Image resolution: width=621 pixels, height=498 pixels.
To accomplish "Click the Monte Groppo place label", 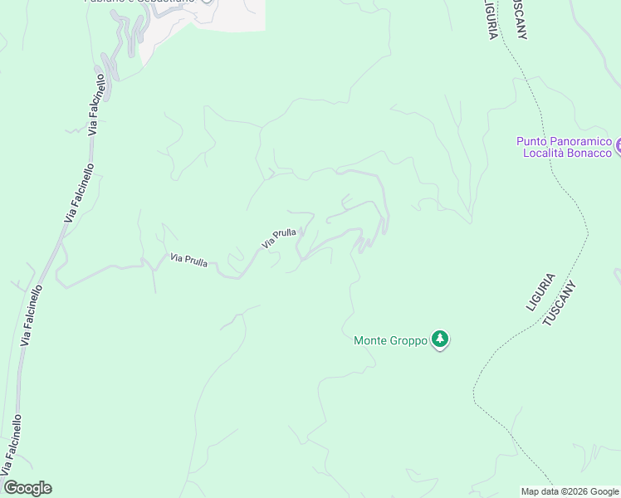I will click(x=390, y=340).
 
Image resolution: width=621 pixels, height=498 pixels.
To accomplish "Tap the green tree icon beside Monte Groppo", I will click(x=440, y=339).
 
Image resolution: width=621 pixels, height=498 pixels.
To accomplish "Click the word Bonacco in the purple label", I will click(x=591, y=153).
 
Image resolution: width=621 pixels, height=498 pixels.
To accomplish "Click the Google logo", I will click(x=27, y=488).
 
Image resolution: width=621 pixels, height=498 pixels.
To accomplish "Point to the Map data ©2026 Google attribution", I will click(x=570, y=491).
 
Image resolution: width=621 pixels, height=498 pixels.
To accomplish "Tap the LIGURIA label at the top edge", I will click(x=491, y=18).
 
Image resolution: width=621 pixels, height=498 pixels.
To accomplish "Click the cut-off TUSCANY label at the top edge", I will click(x=521, y=18).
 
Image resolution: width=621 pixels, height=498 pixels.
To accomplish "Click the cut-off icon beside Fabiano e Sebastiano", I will click(x=207, y=2).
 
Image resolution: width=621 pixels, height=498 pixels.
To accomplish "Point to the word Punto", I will click(x=531, y=142).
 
